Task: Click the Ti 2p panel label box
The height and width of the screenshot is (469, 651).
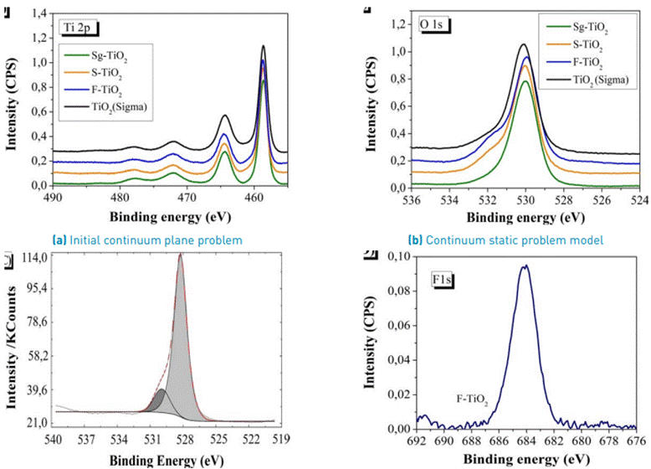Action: pyautogui.click(x=82, y=28)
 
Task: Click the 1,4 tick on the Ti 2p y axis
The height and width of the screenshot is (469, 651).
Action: pyautogui.click(x=37, y=14)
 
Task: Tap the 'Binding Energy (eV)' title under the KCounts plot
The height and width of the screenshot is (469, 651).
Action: pyautogui.click(x=160, y=460)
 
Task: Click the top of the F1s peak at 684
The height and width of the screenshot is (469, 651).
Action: pyautogui.click(x=525, y=266)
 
